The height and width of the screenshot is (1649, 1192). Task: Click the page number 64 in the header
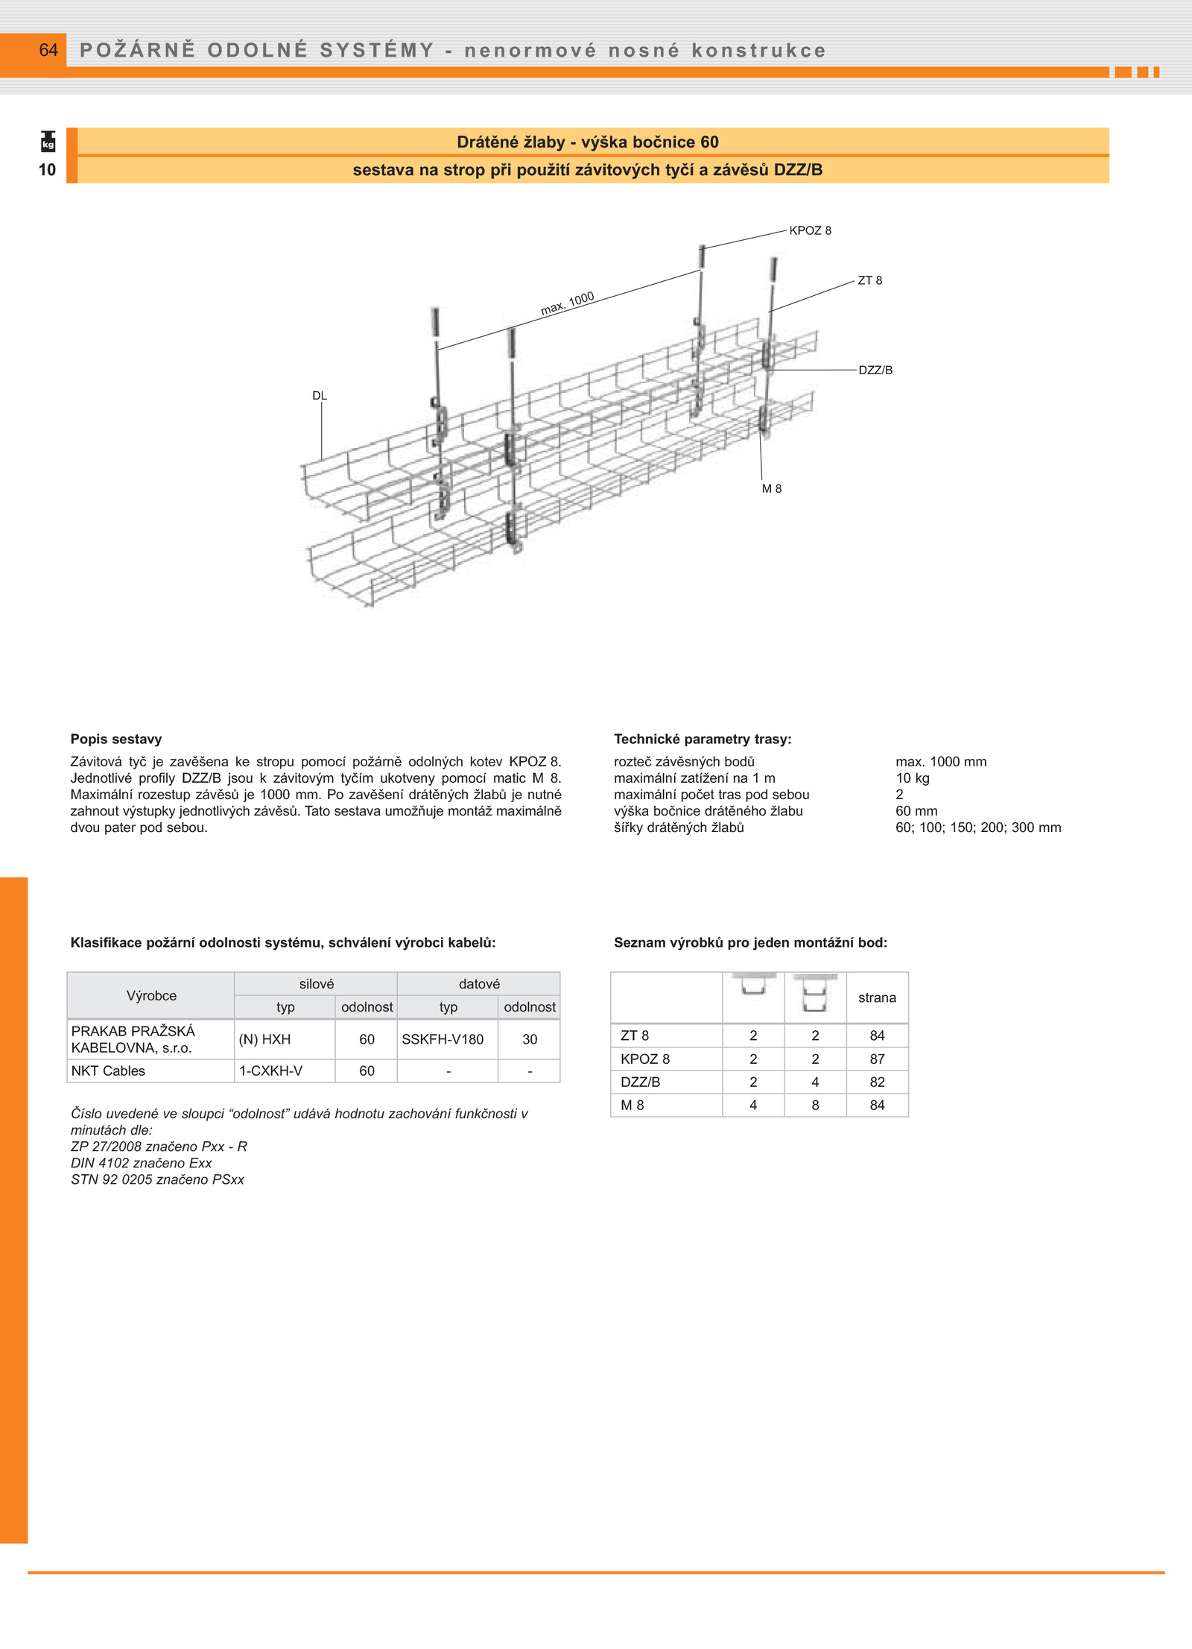pos(48,50)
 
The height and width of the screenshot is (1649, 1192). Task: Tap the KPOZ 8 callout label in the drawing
pos(810,230)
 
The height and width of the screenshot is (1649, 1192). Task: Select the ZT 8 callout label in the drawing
pos(869,280)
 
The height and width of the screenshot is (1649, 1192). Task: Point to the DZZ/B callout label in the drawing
pos(875,370)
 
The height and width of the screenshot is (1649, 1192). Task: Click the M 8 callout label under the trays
pos(771,488)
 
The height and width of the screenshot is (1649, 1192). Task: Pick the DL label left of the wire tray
pos(320,396)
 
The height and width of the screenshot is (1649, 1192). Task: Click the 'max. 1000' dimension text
pos(567,303)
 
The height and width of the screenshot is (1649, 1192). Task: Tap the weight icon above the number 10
pos(48,142)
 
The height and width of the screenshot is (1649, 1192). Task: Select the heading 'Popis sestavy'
pos(116,739)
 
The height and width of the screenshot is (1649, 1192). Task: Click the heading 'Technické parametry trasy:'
pos(703,739)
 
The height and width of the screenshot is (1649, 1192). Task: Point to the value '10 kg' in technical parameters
pos(912,778)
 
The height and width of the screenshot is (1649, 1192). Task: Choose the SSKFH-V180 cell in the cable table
pos(443,1039)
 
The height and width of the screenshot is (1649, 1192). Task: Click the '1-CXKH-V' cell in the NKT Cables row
pos(270,1071)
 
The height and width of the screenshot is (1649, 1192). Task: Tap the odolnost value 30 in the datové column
pos(530,1039)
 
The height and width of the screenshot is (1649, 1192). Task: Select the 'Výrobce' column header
pos(151,995)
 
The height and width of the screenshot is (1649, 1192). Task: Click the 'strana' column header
pos(877,997)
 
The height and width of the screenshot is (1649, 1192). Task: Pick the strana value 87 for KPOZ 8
pos(877,1059)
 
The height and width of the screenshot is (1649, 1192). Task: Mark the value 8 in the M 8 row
pos(815,1105)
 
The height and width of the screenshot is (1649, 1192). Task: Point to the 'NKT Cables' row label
pos(108,1071)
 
